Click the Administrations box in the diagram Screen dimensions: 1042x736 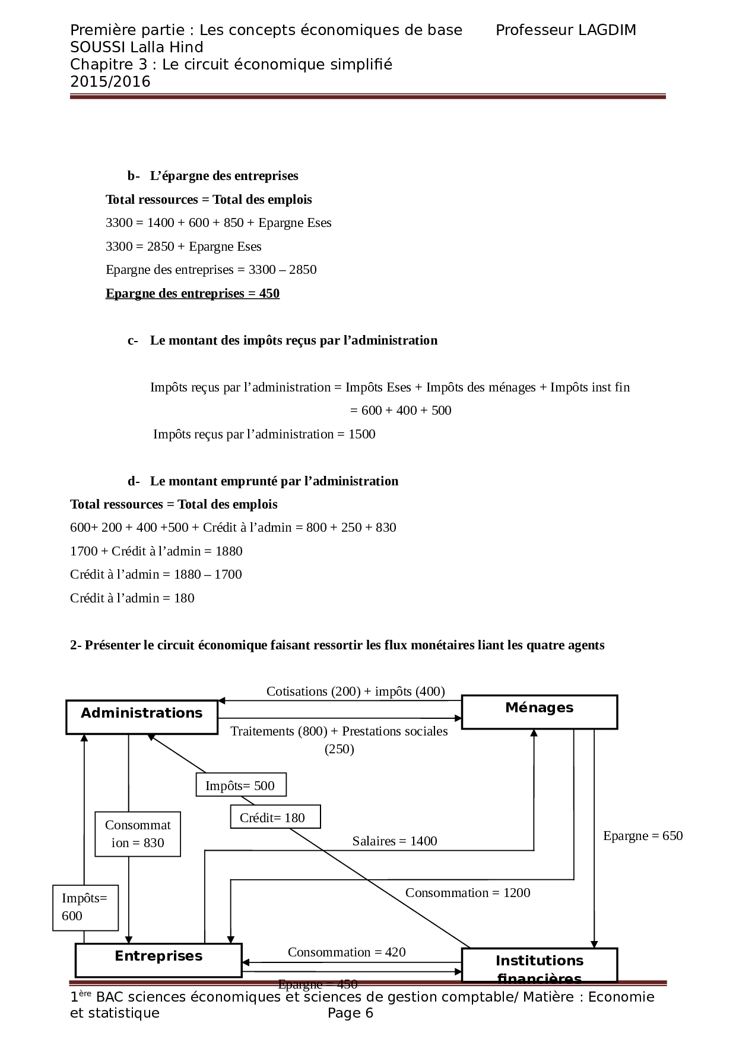coord(141,716)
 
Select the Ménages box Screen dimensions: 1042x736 coord(539,711)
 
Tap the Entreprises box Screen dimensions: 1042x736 coord(158,959)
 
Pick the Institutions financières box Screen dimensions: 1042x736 coord(539,965)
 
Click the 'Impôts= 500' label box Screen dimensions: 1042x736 coord(240,785)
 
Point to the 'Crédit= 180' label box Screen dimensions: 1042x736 coord(275,817)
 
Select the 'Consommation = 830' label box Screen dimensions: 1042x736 coord(138,834)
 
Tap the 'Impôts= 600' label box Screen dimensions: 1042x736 coord(85,907)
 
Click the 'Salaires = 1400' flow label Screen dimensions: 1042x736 coord(395,841)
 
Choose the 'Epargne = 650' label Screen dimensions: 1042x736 coord(643,835)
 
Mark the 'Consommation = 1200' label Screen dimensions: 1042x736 coord(468,892)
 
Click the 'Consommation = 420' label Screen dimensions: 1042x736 coord(347,952)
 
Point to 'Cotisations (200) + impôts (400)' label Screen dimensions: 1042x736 coord(356,691)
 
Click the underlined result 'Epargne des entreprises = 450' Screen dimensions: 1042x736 coord(192,293)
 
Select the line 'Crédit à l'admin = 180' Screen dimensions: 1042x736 coord(132,598)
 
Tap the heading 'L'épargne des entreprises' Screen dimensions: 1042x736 coord(224,176)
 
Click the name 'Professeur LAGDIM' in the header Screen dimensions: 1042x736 coord(566,30)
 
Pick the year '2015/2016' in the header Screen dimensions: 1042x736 coord(110,81)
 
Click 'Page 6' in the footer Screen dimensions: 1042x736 coord(351,1013)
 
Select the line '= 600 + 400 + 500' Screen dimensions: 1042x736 coord(401,410)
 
